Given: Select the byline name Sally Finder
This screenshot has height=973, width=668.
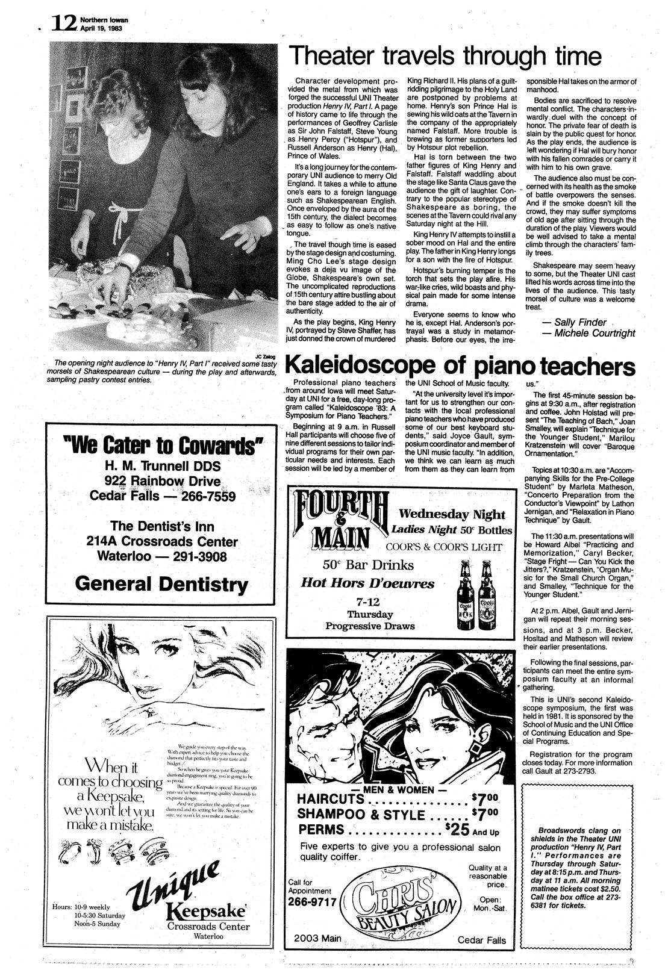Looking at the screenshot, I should tap(572, 322).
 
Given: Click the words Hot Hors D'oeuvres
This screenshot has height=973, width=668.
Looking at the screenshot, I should tap(367, 583).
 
